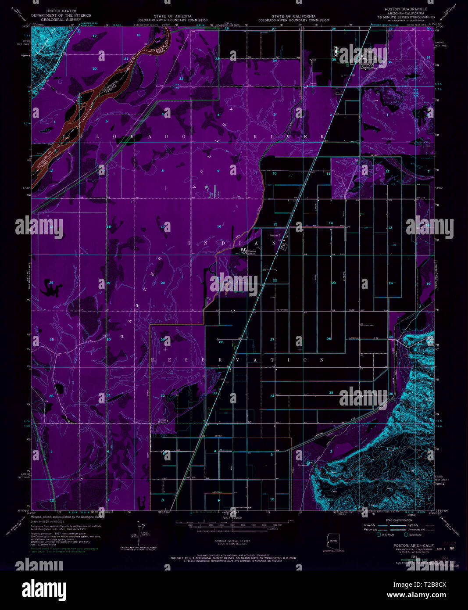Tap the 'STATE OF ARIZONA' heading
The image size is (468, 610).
[x=172, y=16]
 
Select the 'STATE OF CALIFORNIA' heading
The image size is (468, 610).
[x=293, y=16]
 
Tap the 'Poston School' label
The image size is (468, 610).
[x=252, y=252]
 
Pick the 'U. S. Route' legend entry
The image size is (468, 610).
[x=388, y=535]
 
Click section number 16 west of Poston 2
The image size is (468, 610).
[x=219, y=226]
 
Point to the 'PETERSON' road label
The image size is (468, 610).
[x=282, y=310]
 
